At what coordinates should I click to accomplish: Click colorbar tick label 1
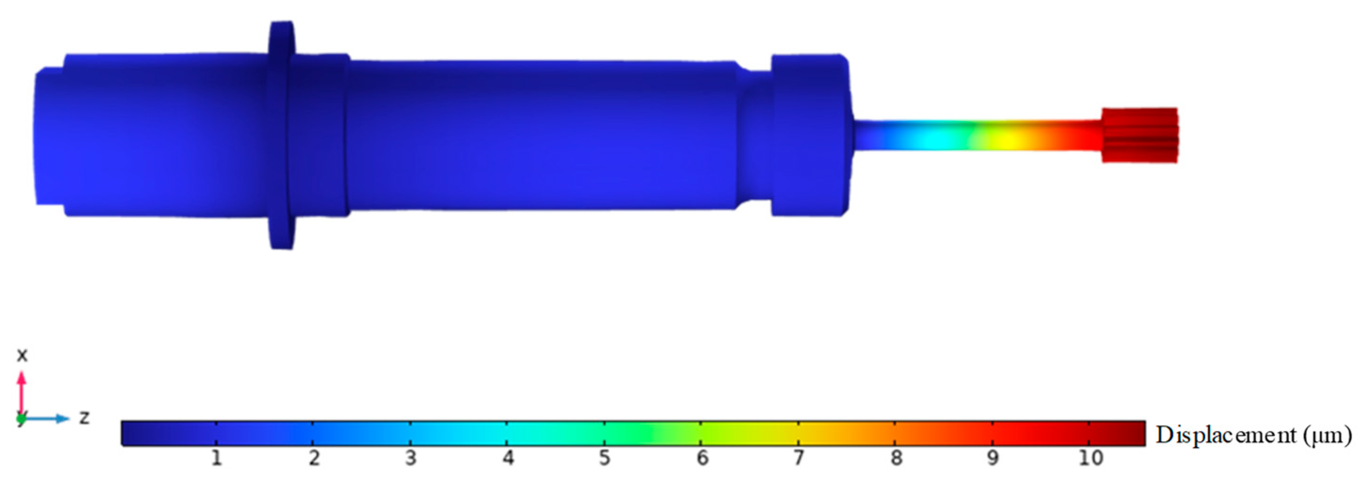pyautogui.click(x=216, y=458)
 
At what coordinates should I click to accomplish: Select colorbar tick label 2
pyautogui.click(x=314, y=458)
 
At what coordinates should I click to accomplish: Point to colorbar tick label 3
pyautogui.click(x=411, y=458)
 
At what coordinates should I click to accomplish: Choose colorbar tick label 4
pyautogui.click(x=508, y=458)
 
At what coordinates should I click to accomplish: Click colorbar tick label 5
pyautogui.click(x=605, y=458)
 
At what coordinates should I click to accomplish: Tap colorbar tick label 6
pyautogui.click(x=702, y=458)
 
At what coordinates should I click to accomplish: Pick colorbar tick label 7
pyautogui.click(x=799, y=458)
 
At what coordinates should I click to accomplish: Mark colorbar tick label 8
pyautogui.click(x=896, y=458)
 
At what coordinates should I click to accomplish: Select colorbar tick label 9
pyautogui.click(x=993, y=458)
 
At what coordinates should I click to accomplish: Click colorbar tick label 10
pyautogui.click(x=1090, y=458)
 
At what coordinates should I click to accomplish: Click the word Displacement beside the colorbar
pyautogui.click(x=1226, y=435)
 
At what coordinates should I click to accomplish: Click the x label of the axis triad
pyautogui.click(x=22, y=355)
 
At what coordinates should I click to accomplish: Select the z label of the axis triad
pyautogui.click(x=84, y=418)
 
